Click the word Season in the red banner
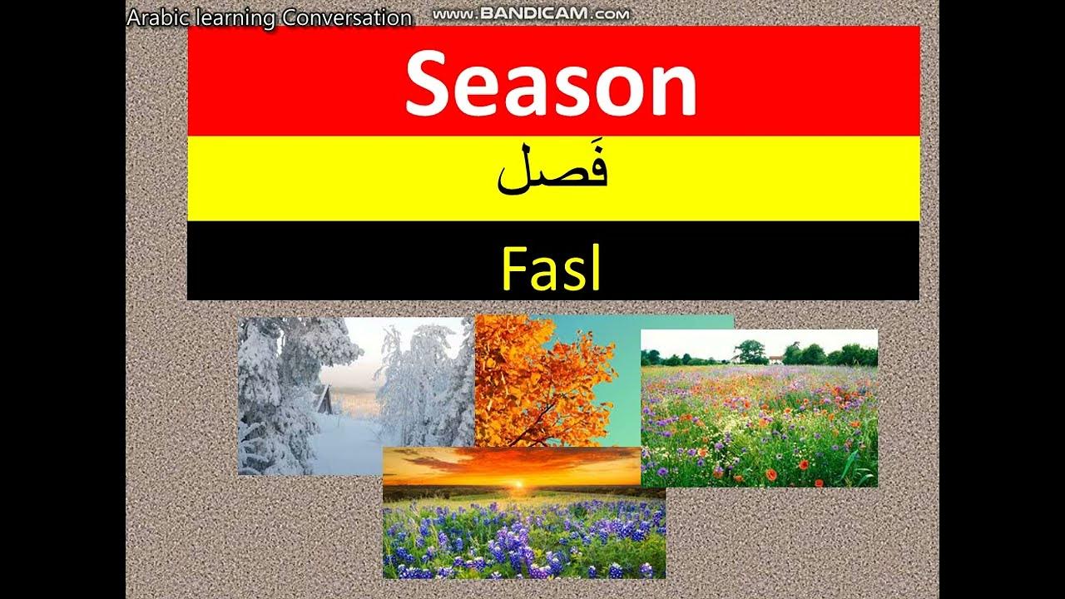[x=551, y=83]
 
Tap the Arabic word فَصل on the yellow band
[x=552, y=171]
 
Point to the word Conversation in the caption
[x=346, y=17]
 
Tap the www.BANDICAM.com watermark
[x=531, y=13]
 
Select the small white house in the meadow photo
[x=775, y=359]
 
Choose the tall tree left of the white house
[x=750, y=352]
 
